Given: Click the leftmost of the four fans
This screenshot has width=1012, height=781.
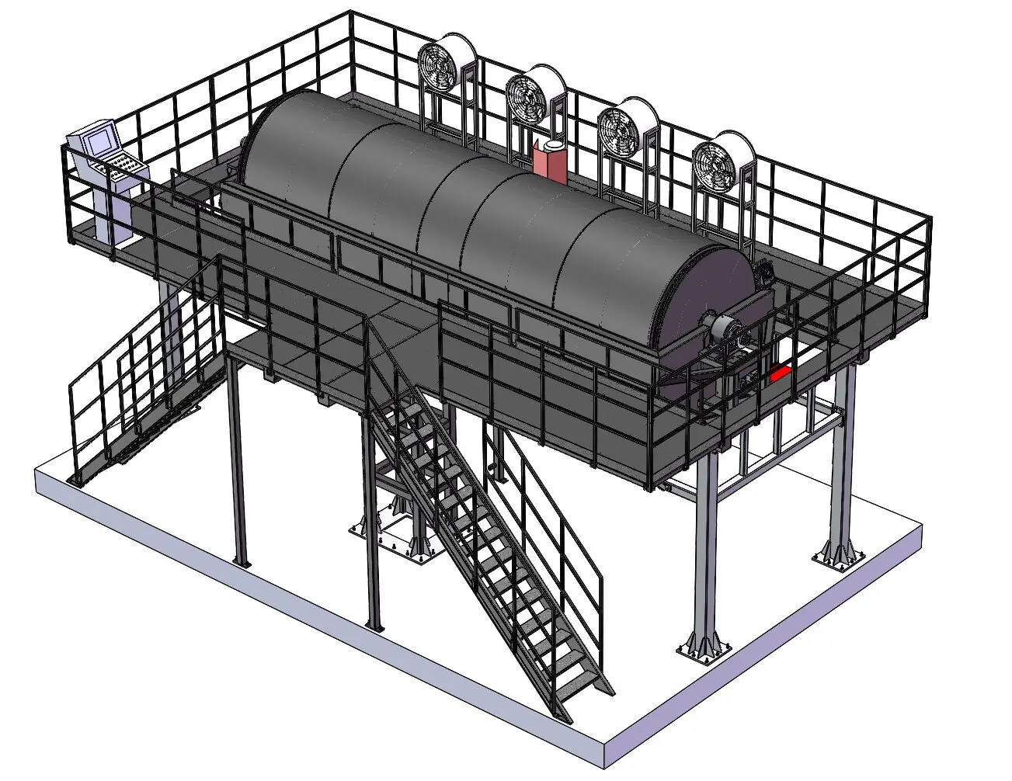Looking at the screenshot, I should [x=439, y=67].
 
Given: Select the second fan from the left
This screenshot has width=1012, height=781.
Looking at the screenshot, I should [x=527, y=96].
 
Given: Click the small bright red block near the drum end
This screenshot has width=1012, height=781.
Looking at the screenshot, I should [x=780, y=373].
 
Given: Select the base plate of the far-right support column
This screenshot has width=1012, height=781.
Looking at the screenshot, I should [x=838, y=556].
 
